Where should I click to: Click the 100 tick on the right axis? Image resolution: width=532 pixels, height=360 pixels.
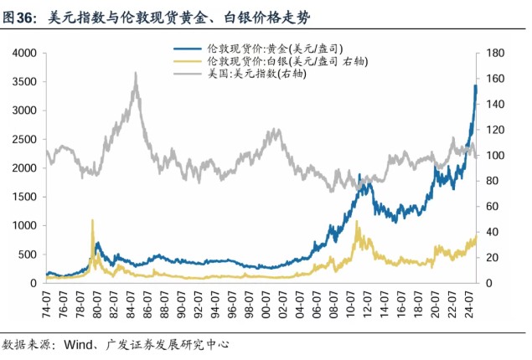pos(492,156)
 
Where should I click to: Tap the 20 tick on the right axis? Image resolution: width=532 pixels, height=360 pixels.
pos(489,258)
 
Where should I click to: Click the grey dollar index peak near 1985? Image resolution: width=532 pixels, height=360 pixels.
pos(135,73)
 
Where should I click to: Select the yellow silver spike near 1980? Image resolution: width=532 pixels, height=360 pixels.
pos(91,220)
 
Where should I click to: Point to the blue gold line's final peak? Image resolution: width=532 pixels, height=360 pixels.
pos(476,85)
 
